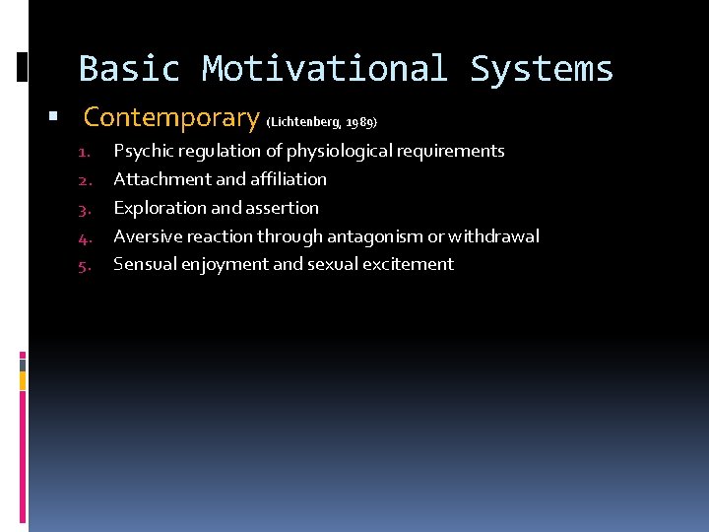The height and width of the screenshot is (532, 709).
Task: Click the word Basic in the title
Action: (x=129, y=69)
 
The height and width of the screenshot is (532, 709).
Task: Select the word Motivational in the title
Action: (x=324, y=69)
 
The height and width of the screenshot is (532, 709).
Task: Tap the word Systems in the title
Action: (x=542, y=69)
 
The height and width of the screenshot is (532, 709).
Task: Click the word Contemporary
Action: (x=171, y=118)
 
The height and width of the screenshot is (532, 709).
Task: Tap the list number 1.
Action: (x=85, y=153)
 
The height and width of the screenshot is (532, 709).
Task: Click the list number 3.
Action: (x=85, y=209)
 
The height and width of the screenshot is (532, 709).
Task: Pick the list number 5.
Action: (x=85, y=266)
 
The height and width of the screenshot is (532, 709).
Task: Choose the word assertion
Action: (x=285, y=208)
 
